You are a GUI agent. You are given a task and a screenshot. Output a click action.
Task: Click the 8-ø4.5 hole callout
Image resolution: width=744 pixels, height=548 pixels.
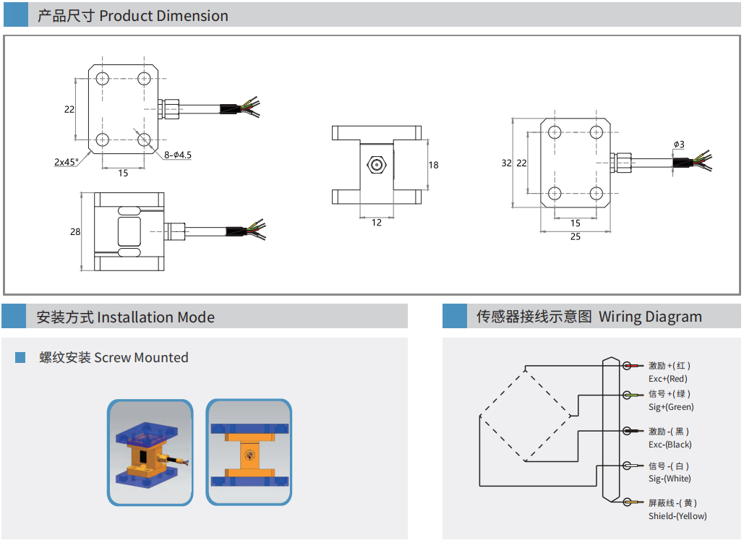(x=178, y=155)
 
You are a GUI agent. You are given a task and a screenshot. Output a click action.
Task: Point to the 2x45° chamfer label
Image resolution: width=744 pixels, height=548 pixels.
(x=67, y=162)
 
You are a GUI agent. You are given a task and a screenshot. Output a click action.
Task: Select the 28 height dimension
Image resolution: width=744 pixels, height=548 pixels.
(x=75, y=232)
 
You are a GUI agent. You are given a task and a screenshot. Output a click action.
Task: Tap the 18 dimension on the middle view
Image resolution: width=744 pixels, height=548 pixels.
(x=434, y=165)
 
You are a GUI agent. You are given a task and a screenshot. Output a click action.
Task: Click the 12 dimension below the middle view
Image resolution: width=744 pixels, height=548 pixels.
(x=377, y=223)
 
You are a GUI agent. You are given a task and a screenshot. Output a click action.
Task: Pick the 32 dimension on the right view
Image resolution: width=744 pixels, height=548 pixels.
(x=507, y=163)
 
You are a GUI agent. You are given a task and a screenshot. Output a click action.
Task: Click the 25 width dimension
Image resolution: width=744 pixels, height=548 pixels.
(x=575, y=237)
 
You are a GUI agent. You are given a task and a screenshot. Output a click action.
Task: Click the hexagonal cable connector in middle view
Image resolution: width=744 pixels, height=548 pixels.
(x=377, y=164)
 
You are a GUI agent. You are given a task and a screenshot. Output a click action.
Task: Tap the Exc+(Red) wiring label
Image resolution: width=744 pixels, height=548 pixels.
(x=667, y=379)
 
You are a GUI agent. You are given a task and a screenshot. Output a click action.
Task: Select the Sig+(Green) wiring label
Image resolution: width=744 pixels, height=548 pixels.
(x=671, y=407)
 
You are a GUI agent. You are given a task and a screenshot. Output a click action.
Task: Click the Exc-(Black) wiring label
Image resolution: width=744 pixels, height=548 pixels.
(x=670, y=445)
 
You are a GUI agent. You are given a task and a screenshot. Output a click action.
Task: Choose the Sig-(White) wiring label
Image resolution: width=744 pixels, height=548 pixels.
(x=670, y=479)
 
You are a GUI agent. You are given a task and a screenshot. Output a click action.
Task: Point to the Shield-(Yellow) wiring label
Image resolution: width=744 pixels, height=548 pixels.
(x=677, y=516)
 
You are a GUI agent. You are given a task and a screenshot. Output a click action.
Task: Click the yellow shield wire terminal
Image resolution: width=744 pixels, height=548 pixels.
(x=628, y=502)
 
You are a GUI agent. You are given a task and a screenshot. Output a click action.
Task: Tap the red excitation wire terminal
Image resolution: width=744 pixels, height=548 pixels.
(x=628, y=366)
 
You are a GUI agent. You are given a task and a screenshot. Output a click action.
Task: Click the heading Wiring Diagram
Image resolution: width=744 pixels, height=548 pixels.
(x=650, y=317)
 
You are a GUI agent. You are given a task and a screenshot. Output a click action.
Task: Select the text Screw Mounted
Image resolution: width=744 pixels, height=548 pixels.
(x=141, y=358)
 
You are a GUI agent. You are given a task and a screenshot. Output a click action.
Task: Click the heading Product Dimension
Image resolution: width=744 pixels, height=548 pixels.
(x=163, y=16)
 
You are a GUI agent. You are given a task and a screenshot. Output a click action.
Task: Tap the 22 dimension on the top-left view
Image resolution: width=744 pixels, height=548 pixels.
(x=69, y=110)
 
